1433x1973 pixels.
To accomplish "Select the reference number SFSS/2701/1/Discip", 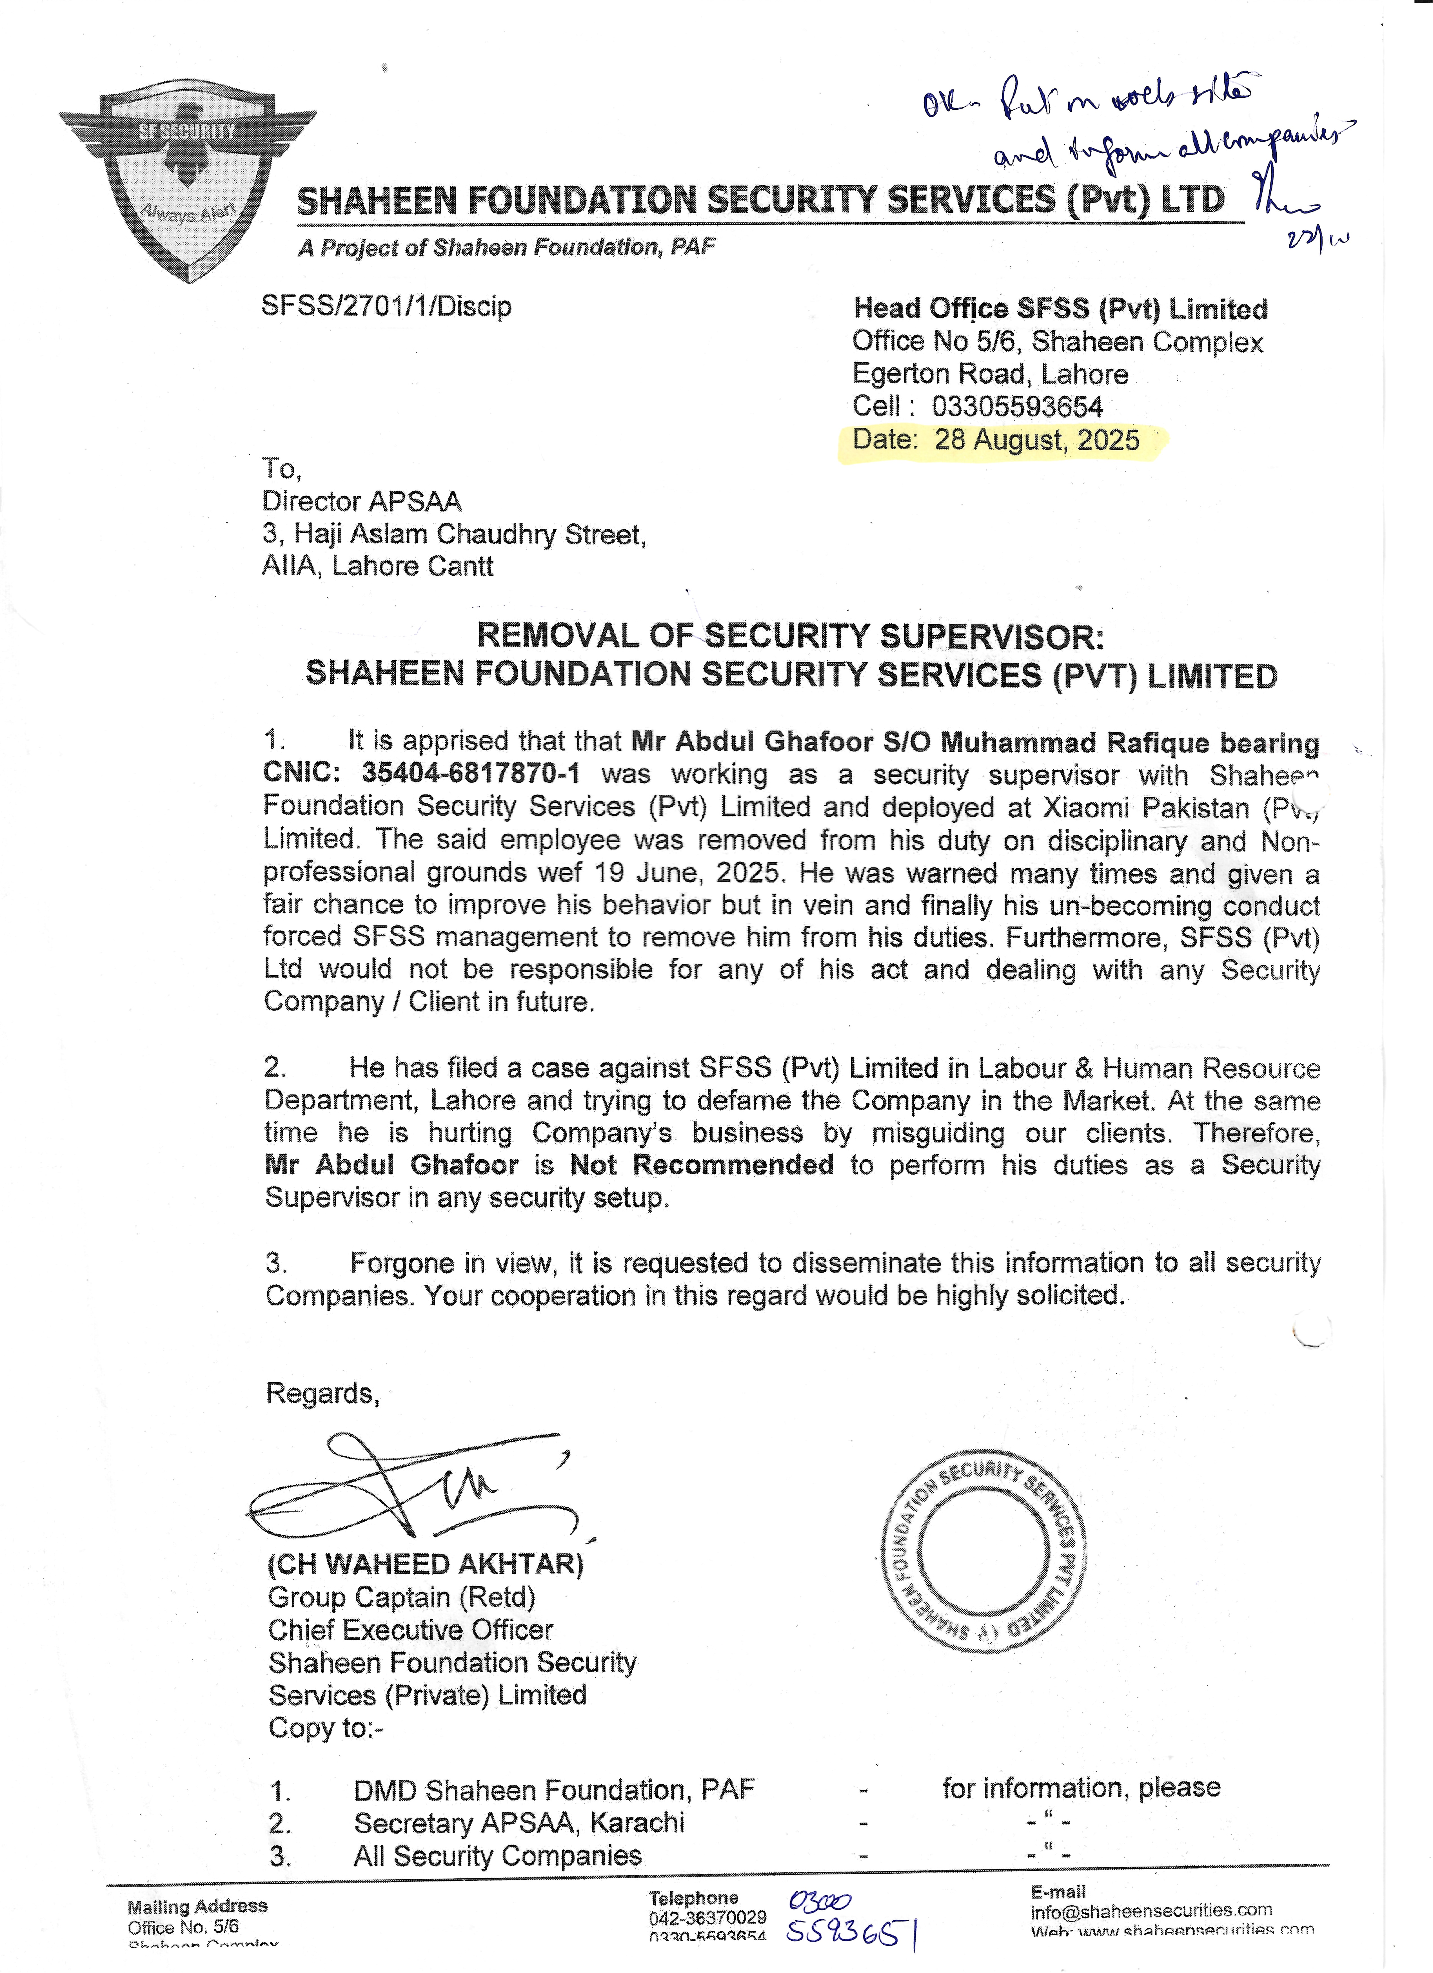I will pyautogui.click(x=386, y=306).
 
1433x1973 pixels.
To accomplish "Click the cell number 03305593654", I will pyautogui.click(x=1016, y=406).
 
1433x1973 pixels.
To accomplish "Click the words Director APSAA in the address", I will pyautogui.click(x=362, y=501).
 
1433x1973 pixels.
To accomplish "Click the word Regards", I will pyautogui.click(x=322, y=1393).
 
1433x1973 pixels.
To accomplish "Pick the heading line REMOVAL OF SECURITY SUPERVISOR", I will pyautogui.click(x=790, y=636).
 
